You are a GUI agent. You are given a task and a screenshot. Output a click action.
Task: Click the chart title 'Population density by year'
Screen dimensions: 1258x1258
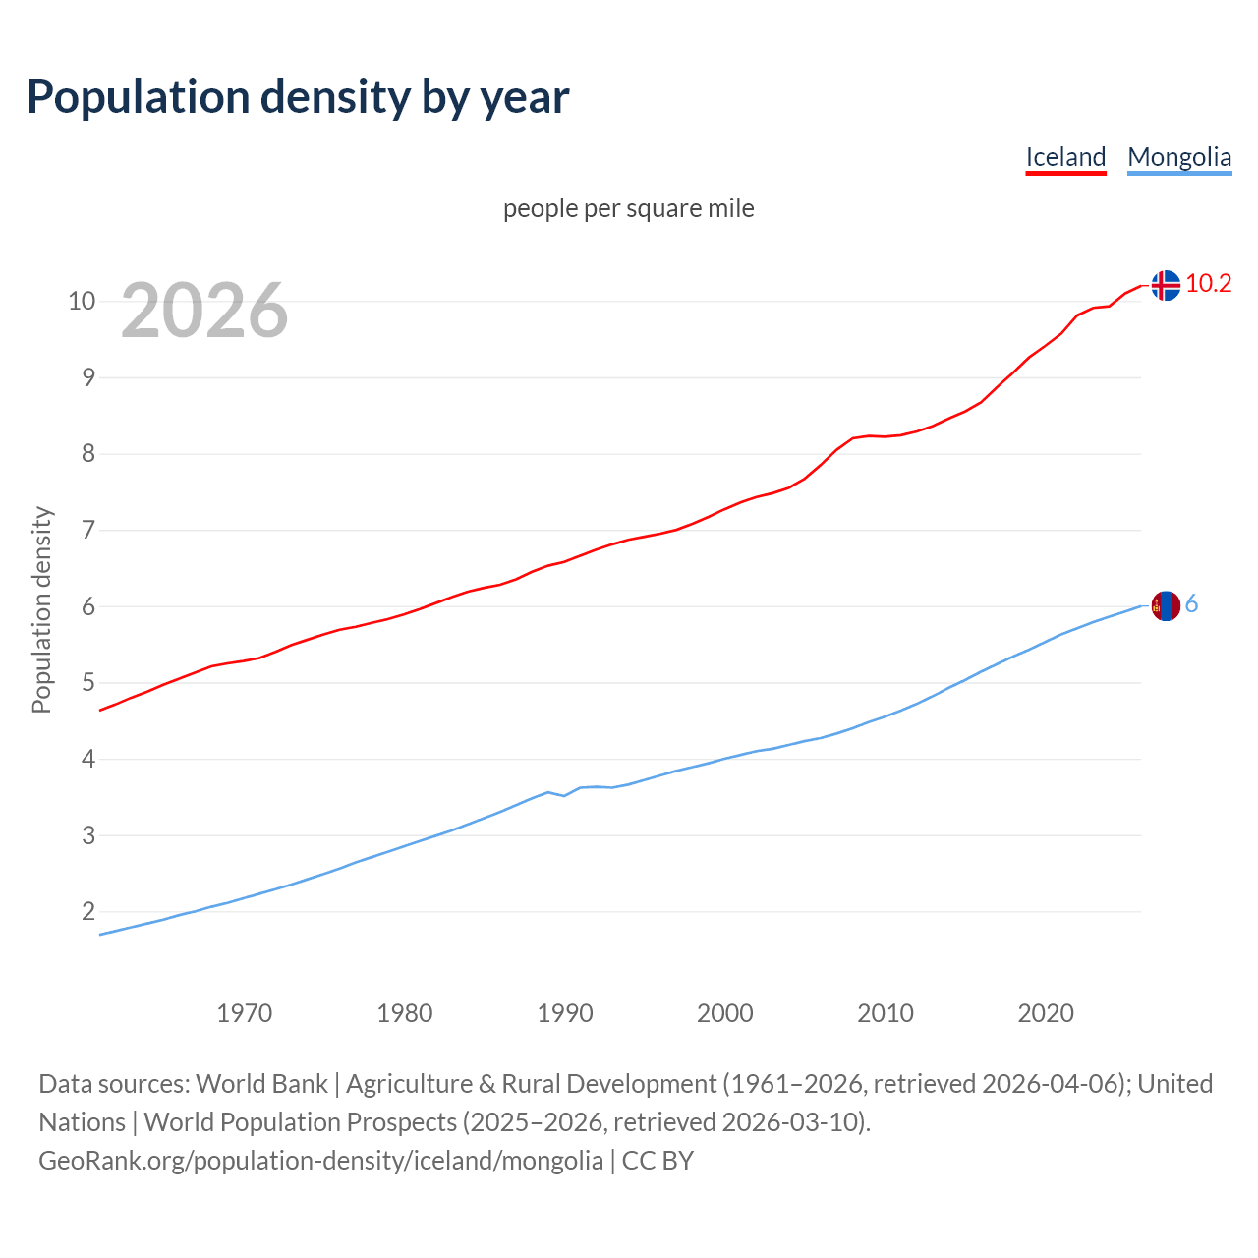tap(298, 96)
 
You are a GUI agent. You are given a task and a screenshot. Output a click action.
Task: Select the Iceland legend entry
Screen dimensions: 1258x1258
tap(1065, 157)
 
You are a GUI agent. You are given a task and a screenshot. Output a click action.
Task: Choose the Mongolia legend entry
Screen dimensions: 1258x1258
tap(1178, 157)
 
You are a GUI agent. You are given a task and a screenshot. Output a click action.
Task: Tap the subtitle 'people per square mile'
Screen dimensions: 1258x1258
tap(629, 208)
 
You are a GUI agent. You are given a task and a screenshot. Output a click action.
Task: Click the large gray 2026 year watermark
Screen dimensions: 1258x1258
tap(204, 311)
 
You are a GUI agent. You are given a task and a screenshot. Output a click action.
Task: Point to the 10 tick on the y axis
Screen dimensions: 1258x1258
tap(82, 301)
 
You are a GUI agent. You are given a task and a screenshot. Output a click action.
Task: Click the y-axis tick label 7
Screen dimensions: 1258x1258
tap(88, 531)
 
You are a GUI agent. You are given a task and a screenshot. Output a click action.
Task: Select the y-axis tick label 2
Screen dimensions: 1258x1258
tap(88, 912)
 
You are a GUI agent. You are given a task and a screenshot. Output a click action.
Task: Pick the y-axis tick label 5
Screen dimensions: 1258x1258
tap(88, 683)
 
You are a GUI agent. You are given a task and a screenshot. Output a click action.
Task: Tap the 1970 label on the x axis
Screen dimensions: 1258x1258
tap(245, 1013)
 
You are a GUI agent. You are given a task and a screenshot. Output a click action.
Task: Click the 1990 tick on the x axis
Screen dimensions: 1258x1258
tap(565, 1013)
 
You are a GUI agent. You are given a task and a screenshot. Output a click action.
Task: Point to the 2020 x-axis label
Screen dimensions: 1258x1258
tap(1046, 1013)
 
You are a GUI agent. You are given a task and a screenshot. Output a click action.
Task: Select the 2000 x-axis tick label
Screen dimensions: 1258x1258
tap(725, 1013)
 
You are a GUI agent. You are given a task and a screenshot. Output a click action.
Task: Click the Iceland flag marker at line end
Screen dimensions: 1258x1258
tap(1165, 285)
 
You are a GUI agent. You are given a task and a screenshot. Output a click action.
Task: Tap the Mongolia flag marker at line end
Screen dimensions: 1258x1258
tap(1165, 605)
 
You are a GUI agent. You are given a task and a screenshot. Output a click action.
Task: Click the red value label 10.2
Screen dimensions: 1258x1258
tap(1208, 284)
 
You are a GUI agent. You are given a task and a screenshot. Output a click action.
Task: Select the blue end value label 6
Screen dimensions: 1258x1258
tap(1191, 604)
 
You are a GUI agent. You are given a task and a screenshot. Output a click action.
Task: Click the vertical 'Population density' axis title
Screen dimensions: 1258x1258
tap(41, 609)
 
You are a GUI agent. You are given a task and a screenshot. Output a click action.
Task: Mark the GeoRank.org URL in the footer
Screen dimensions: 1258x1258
tap(320, 1161)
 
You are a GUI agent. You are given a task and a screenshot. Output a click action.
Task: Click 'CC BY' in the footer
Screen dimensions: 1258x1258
tap(658, 1161)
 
